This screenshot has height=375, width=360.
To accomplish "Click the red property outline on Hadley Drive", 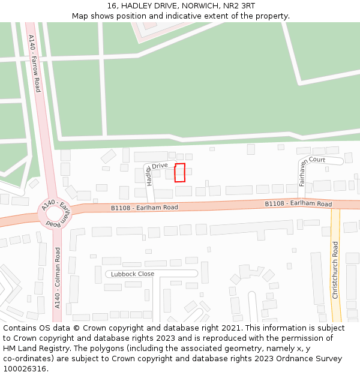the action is (x=179, y=172).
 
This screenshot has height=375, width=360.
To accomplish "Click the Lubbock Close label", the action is (x=133, y=274).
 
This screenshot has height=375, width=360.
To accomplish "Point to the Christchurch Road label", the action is (x=335, y=270).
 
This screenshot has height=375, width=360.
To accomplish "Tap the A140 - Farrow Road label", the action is (x=34, y=63).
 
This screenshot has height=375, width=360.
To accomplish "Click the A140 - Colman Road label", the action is (x=58, y=278).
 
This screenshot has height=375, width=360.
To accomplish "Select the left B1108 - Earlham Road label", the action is (x=145, y=208).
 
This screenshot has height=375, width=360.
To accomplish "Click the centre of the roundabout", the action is (x=55, y=213).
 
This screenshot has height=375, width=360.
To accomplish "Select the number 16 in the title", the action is (x=112, y=6).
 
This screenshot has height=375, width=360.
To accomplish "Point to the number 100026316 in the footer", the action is (x=25, y=369).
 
